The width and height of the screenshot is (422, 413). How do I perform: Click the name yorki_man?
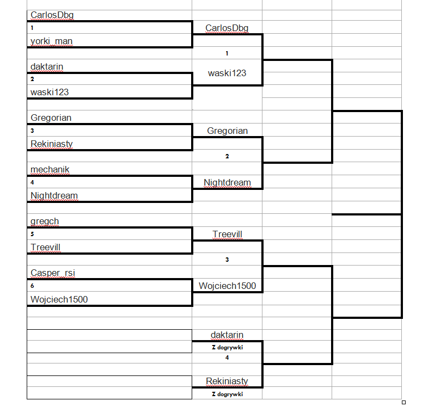(51, 41)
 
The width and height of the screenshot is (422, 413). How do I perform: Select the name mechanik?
(50, 169)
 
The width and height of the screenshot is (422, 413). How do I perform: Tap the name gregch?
(45, 221)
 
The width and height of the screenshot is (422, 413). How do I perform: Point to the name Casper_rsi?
(53, 273)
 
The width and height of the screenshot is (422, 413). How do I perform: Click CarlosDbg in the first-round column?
(52, 15)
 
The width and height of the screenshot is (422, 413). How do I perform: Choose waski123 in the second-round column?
(227, 73)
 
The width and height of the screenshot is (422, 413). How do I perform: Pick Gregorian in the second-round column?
(227, 131)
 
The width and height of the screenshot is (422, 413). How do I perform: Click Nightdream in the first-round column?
(54, 195)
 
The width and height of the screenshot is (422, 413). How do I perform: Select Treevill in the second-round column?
(227, 234)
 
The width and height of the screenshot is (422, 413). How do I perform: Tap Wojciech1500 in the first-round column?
(59, 299)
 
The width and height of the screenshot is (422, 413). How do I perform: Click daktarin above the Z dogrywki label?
(227, 335)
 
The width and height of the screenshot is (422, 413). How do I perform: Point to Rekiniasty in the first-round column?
(52, 144)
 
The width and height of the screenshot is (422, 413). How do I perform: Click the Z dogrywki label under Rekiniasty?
(227, 394)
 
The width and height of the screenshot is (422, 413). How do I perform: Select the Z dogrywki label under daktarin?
(227, 347)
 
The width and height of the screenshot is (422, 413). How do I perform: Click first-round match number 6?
(32, 286)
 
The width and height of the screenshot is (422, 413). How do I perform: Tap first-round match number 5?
(32, 234)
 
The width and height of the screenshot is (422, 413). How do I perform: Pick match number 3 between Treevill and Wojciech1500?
(227, 260)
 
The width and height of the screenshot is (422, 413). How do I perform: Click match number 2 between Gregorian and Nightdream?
(227, 157)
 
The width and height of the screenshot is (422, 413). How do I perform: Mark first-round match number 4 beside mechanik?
(32, 183)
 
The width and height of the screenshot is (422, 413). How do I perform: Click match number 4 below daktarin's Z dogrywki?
(227, 357)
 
